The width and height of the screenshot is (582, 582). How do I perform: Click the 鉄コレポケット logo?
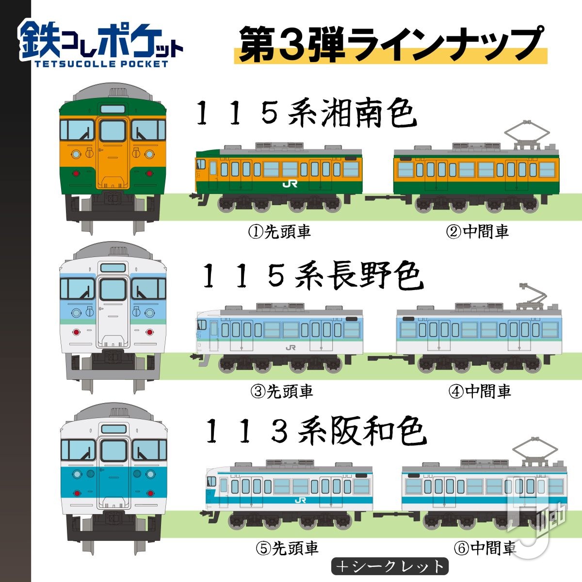[101, 44]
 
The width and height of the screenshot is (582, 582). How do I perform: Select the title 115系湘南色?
[307, 114]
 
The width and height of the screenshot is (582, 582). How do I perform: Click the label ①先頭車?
[279, 232]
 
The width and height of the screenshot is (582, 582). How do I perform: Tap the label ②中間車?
[477, 232]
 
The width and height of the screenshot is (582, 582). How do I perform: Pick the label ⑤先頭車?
[287, 548]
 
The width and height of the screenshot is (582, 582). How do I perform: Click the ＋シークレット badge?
[389, 566]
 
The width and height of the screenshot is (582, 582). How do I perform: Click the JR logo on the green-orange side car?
[290, 184]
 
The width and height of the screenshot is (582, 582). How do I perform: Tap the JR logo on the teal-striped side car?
[300, 501]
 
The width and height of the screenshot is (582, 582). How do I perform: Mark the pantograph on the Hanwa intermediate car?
[535, 452]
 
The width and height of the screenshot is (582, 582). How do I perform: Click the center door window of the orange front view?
[113, 131]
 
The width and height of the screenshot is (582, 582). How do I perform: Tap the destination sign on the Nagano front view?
[113, 268]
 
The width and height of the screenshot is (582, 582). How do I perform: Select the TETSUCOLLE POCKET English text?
[101, 64]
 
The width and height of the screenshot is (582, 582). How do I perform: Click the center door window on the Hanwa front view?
[114, 451]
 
